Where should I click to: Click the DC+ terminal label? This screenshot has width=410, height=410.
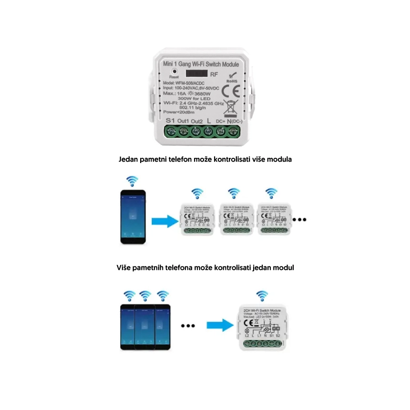tap(221, 121)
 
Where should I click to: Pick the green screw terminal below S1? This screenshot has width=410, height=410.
tap(170, 131)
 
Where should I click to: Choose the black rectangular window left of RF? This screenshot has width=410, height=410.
tap(196, 74)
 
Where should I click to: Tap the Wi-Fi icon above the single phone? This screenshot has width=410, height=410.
tap(132, 182)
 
